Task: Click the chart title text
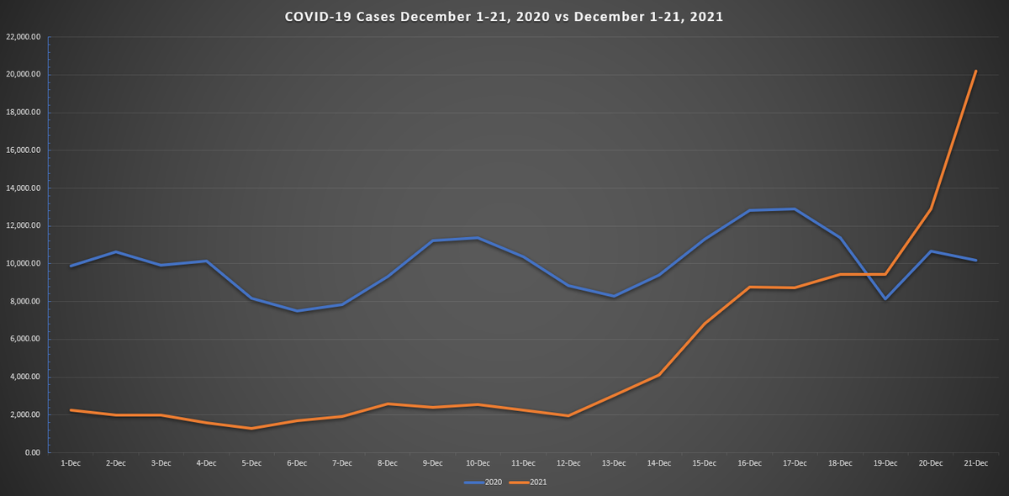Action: click(504, 17)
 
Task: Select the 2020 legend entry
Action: click(486, 483)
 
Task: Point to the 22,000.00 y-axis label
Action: click(24, 37)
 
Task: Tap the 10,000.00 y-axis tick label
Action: click(24, 264)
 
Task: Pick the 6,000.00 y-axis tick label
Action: click(27, 340)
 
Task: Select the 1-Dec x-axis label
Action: click(71, 463)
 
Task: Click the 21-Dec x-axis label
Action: click(975, 463)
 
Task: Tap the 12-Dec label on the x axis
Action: click(568, 463)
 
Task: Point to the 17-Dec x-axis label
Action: click(795, 463)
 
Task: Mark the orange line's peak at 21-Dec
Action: click(975, 71)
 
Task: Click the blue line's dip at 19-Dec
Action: click(885, 298)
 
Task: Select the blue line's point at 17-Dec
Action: click(795, 209)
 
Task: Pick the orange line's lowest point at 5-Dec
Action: click(251, 429)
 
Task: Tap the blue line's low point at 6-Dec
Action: click(297, 311)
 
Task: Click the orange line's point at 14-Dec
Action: click(659, 375)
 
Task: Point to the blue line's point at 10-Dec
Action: click(478, 239)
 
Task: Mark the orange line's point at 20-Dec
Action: click(931, 209)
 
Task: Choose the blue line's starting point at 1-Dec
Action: click(71, 266)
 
